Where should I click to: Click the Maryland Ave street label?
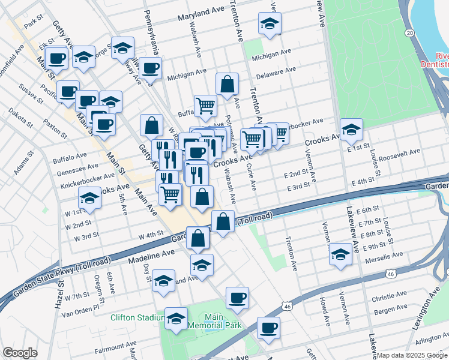[x=200, y=12]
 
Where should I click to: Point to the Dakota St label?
[x=22, y=113]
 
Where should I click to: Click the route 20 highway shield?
[x=409, y=32]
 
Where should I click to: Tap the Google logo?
[x=20, y=353]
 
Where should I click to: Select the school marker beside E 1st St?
[x=351, y=128]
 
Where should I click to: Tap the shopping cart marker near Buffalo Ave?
[x=205, y=105]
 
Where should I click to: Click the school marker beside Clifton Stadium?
[x=176, y=318]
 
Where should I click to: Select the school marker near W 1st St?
[x=89, y=197]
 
